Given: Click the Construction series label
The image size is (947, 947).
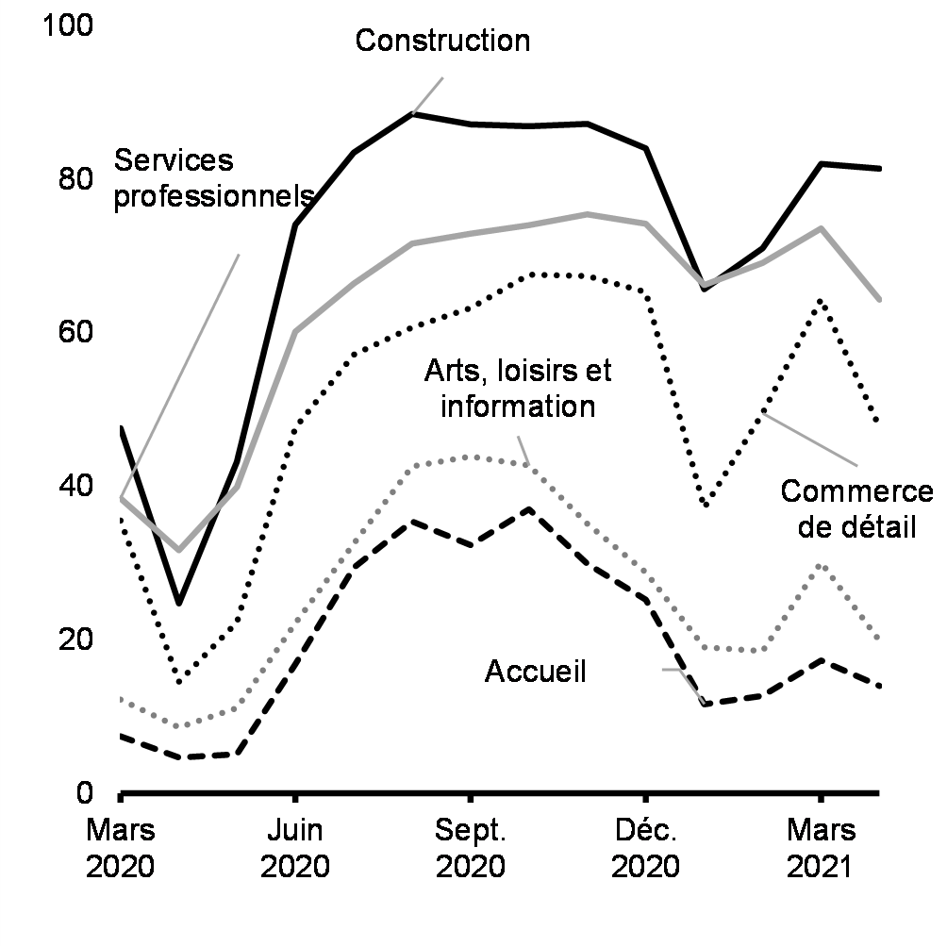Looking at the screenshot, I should click(x=442, y=41).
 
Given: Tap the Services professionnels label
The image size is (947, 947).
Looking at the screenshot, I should click(x=214, y=178).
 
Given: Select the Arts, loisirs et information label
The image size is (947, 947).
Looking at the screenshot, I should click(x=517, y=388).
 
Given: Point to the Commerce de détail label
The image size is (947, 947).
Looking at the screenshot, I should click(x=856, y=509).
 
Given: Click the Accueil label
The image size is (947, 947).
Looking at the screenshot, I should click(x=535, y=672).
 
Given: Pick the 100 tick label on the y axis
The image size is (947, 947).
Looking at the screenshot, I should click(x=68, y=25).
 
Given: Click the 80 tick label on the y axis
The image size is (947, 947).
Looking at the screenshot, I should click(x=76, y=179).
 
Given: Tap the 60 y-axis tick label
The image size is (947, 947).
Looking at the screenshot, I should click(x=76, y=333).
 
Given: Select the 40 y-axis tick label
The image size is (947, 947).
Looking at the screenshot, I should click(x=76, y=487).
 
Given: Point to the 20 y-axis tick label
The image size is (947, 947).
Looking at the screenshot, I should click(x=76, y=640).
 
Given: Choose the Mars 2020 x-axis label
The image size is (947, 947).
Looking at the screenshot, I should click(x=121, y=847).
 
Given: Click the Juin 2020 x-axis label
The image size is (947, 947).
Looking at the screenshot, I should click(x=295, y=847).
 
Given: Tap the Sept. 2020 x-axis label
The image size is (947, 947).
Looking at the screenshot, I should click(x=470, y=847).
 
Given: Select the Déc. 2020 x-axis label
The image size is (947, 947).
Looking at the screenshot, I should click(x=645, y=847).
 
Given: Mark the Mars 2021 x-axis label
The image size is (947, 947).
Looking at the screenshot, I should click(x=820, y=847).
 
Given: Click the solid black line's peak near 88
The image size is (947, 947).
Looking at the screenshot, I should click(x=412, y=114).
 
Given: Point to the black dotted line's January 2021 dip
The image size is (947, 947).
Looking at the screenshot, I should click(x=704, y=506).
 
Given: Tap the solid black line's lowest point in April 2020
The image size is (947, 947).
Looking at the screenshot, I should click(x=179, y=602).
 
